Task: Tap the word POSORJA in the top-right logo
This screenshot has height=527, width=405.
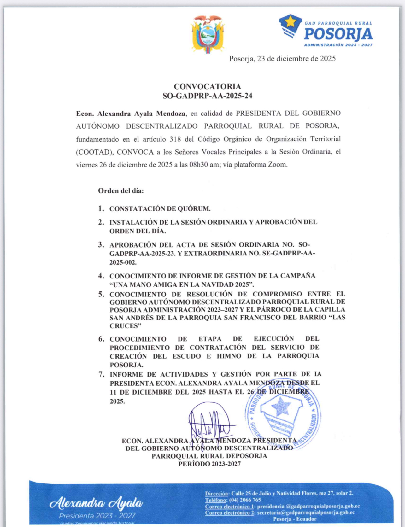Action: (x=338, y=34)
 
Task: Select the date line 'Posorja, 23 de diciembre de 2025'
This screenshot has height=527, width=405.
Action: (x=282, y=59)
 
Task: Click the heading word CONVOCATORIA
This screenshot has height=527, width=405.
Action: (x=207, y=86)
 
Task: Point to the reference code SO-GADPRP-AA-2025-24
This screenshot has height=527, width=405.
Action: (x=207, y=96)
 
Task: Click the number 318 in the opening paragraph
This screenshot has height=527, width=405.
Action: (x=175, y=139)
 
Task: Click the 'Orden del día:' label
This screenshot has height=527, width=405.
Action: (x=121, y=191)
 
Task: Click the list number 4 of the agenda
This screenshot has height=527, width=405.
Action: (x=101, y=276)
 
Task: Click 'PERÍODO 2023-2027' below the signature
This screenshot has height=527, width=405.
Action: (x=209, y=464)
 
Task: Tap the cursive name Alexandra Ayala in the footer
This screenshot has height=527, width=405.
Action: (x=96, y=503)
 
